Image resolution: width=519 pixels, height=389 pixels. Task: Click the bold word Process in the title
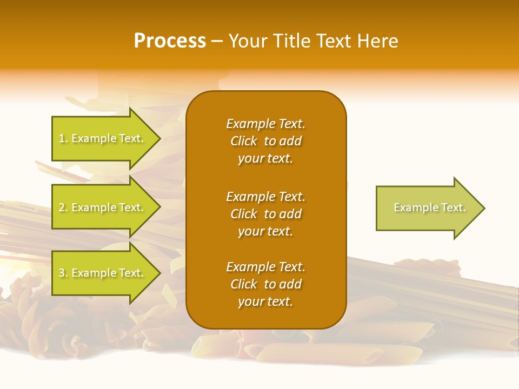click(x=170, y=41)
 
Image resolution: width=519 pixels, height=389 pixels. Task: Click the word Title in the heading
click(x=295, y=41)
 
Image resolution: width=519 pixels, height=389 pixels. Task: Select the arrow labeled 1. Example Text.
click(x=103, y=138)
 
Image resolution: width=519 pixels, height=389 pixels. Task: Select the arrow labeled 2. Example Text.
click(x=103, y=207)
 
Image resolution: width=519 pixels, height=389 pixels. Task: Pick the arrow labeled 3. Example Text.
click(x=103, y=273)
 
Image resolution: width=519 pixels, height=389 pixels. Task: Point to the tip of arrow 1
click(x=159, y=139)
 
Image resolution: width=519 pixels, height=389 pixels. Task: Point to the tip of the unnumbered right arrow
click(x=483, y=208)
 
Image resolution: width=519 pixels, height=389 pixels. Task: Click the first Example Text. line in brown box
click(x=265, y=124)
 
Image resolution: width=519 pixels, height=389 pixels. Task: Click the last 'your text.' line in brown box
click(x=265, y=301)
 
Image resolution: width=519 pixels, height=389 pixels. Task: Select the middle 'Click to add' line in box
click(x=265, y=214)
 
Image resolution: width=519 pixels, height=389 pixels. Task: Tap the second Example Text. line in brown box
click(x=265, y=196)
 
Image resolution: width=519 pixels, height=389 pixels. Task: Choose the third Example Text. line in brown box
click(x=265, y=267)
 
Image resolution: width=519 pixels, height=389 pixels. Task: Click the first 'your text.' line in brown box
click(x=265, y=159)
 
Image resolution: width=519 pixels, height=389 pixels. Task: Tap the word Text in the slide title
click(x=335, y=41)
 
